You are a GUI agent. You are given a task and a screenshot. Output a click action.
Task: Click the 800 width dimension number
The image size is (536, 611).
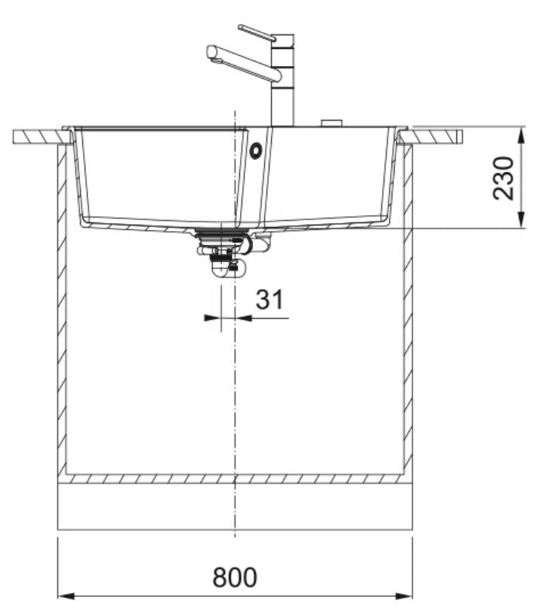click(x=235, y=577)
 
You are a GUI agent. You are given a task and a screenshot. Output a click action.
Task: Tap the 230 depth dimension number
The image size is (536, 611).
click(x=503, y=178)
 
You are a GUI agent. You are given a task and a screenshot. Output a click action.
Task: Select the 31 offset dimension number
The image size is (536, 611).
click(x=270, y=299)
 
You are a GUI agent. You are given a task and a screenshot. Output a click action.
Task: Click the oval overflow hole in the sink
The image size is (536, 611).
click(x=256, y=150)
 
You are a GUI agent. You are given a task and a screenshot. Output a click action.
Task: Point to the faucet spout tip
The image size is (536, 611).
click(x=211, y=52)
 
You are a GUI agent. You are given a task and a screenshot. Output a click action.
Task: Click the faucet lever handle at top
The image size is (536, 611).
click(x=257, y=33)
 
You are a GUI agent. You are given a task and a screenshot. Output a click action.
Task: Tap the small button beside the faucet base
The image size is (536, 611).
click(x=331, y=123)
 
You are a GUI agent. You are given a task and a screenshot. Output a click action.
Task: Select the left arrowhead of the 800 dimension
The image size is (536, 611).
click(x=65, y=596)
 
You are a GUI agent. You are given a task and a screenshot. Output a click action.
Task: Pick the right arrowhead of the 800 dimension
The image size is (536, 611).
click(x=405, y=596)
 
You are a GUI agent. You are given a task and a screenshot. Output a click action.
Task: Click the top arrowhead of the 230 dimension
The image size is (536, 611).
click(x=520, y=135)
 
